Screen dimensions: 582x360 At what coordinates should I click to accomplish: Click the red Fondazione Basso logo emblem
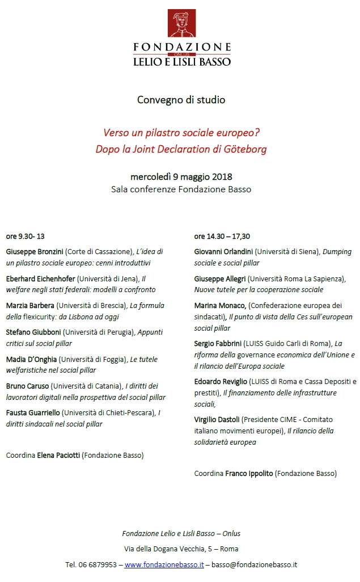pyautogui.click(x=181, y=23)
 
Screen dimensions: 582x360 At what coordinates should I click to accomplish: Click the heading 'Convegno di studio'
pyautogui.click(x=181, y=100)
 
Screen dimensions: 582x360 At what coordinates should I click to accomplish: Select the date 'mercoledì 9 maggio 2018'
pyautogui.click(x=181, y=177)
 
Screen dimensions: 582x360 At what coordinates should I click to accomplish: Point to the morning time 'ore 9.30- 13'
pyautogui.click(x=26, y=237)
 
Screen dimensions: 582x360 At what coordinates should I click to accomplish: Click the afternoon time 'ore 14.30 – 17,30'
pyautogui.click(x=222, y=237)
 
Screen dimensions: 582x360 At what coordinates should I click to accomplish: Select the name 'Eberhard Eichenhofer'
pyautogui.click(x=40, y=279)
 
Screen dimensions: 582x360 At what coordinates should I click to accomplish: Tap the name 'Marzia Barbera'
pyautogui.click(x=30, y=305)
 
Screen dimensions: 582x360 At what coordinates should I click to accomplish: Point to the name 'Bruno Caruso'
pyautogui.click(x=27, y=386)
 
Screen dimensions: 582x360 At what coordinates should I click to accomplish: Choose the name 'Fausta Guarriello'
pyautogui.click(x=33, y=412)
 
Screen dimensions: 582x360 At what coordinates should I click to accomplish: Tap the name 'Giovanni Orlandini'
pyautogui.click(x=223, y=251)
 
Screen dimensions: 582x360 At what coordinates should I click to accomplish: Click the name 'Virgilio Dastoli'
pyautogui.click(x=217, y=419)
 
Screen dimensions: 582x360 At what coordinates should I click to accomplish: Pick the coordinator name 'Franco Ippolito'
pyautogui.click(x=249, y=473)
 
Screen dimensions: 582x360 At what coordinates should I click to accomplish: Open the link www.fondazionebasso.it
pyautogui.click(x=164, y=564)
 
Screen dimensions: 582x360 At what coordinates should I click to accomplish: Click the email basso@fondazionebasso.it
pyautogui.click(x=255, y=564)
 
